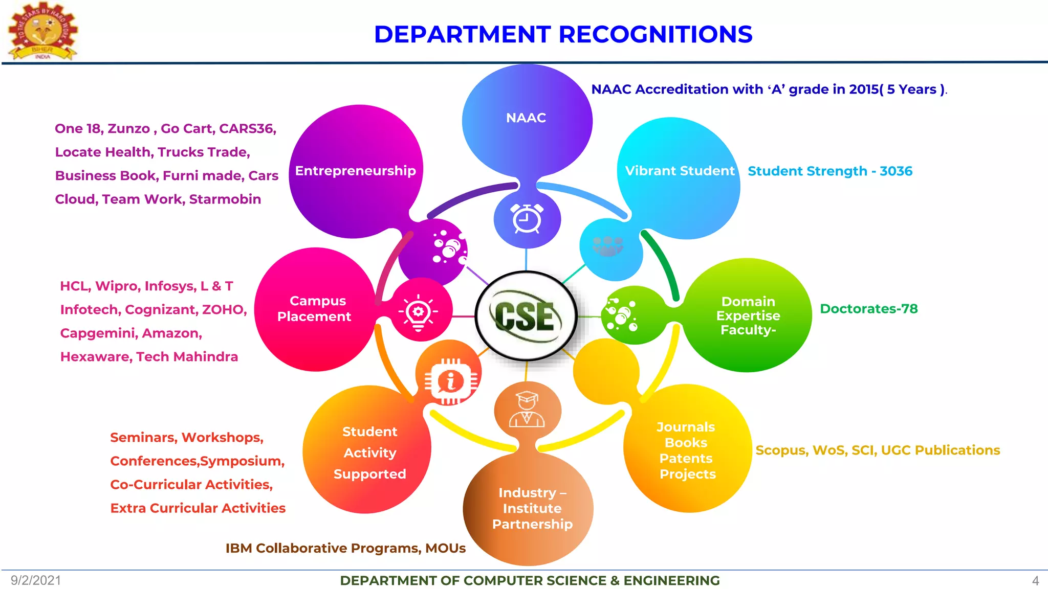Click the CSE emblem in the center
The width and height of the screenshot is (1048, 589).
[x=526, y=316]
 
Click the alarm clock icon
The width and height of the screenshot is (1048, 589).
[x=527, y=219]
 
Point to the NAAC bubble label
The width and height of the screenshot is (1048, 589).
[x=526, y=118]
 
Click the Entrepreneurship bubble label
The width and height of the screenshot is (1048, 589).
[x=356, y=171]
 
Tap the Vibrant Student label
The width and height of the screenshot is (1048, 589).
[x=680, y=171]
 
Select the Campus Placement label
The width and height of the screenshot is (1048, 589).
[x=314, y=309]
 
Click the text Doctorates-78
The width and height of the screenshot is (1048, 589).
[x=868, y=309]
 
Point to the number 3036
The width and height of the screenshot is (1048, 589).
[x=896, y=171]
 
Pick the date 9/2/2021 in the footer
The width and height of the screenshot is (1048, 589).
[x=36, y=580]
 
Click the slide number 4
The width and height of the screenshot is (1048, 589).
[x=1035, y=581]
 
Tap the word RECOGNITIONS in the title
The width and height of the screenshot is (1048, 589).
[x=656, y=35]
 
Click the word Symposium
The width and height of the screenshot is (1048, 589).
[x=242, y=461]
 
